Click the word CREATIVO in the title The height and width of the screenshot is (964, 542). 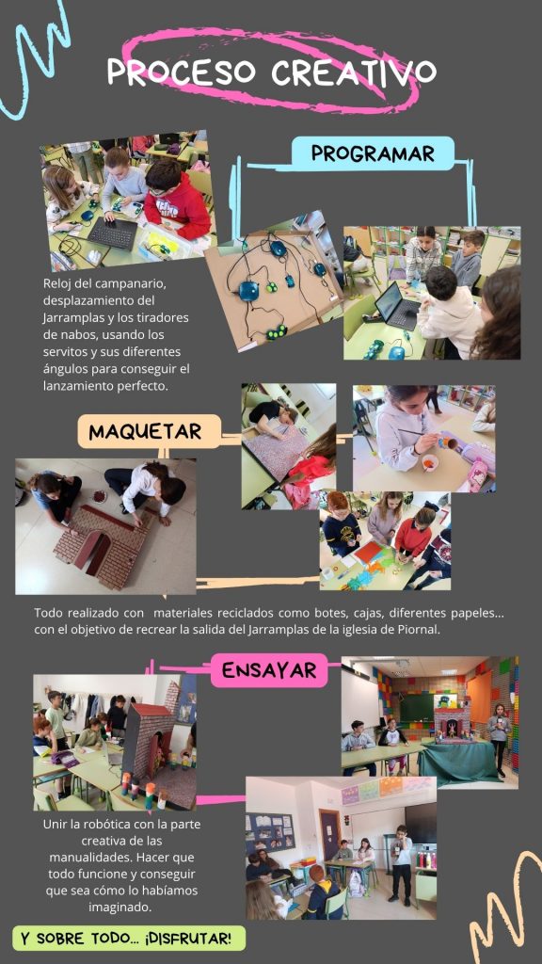354,72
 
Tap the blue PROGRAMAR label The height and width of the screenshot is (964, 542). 373,153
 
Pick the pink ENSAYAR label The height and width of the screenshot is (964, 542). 268,670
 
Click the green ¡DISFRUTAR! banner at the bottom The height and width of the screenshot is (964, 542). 129,939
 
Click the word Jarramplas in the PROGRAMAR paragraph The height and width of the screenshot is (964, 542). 70,319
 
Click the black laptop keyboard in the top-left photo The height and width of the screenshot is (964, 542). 113,233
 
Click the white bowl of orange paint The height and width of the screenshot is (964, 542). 430,461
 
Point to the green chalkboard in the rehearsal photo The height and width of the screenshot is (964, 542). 417,708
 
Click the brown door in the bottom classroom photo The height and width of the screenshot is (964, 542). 328,834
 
